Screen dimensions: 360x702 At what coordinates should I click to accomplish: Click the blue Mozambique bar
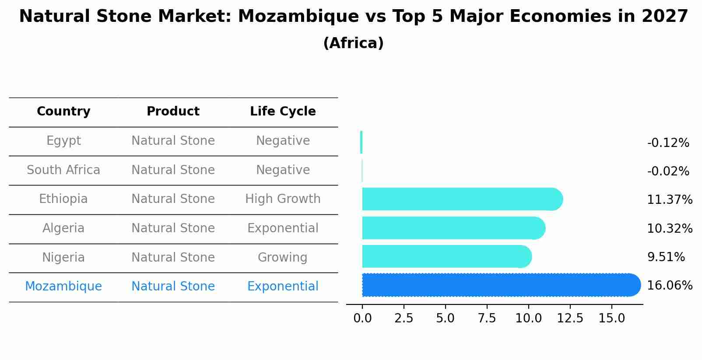pyautogui.click(x=499, y=285)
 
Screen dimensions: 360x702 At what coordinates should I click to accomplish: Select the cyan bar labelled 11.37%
pyautogui.click(x=460, y=199)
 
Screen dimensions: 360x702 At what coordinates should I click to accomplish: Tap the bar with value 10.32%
pyautogui.click(x=451, y=228)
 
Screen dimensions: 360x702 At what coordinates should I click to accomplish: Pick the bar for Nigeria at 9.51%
pyautogui.click(x=444, y=257)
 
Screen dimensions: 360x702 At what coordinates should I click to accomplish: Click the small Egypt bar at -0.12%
pyautogui.click(x=361, y=142)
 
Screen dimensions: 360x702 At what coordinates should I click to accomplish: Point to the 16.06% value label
pyautogui.click(x=669, y=286)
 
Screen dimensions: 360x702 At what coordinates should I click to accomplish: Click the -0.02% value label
pyautogui.click(x=668, y=171)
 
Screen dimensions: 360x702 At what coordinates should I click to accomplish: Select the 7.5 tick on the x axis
pyautogui.click(x=487, y=318)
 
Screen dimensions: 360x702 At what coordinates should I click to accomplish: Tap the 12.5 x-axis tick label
pyautogui.click(x=570, y=318)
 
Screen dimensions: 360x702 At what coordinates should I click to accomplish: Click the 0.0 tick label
pyautogui.click(x=362, y=318)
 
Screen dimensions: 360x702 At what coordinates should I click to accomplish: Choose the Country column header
pyautogui.click(x=63, y=112)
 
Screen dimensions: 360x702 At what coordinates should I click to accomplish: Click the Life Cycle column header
pyautogui.click(x=283, y=112)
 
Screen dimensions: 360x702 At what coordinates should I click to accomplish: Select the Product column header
pyautogui.click(x=173, y=112)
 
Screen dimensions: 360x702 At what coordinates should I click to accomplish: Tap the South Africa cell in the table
pyautogui.click(x=63, y=170)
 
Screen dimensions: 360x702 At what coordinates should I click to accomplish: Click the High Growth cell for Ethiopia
pyautogui.click(x=283, y=199)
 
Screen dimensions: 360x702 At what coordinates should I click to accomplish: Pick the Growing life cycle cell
pyautogui.click(x=283, y=257)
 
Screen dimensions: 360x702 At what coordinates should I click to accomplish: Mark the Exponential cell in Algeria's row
pyautogui.click(x=283, y=228)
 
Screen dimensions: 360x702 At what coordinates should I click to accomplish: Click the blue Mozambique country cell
pyautogui.click(x=63, y=287)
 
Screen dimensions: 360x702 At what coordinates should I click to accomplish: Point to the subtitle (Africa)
pyautogui.click(x=353, y=43)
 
